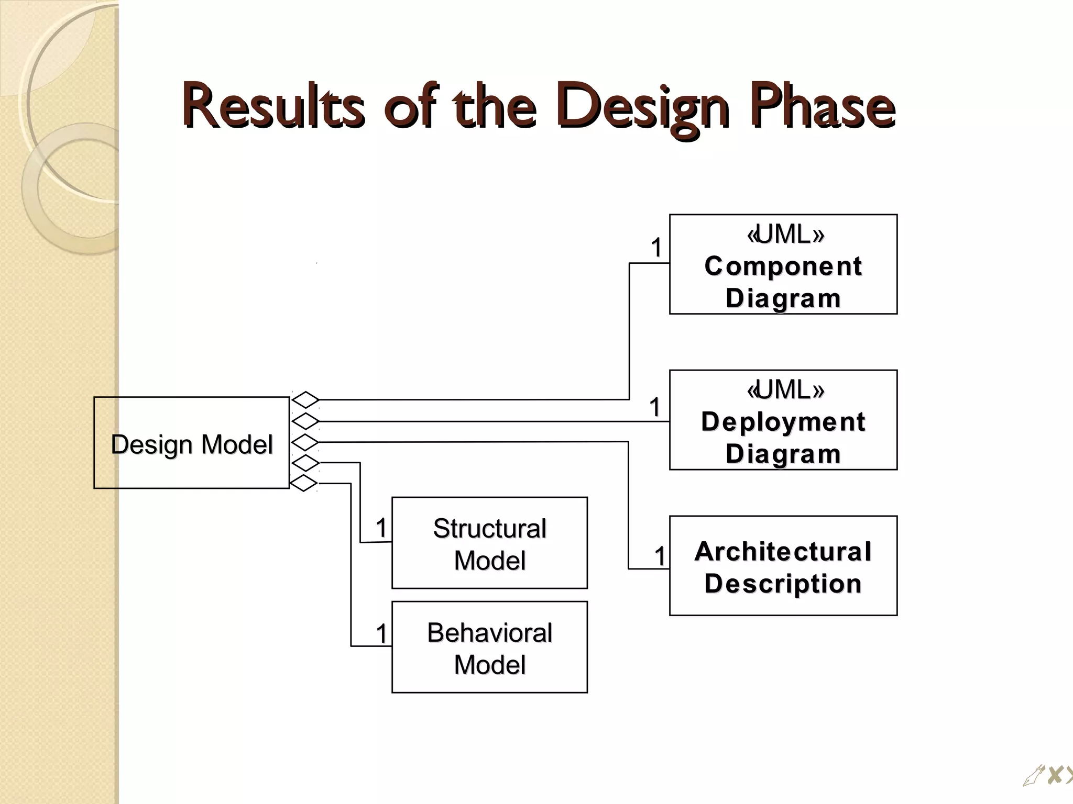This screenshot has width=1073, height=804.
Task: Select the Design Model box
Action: [192, 443]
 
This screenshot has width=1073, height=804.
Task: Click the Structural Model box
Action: [489, 543]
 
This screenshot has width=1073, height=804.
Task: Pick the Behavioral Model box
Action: [489, 647]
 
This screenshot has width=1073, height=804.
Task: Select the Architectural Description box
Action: [783, 566]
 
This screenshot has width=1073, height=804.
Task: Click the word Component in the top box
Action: [783, 266]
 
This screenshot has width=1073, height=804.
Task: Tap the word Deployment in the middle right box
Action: [783, 422]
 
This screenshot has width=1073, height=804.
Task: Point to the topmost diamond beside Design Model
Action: [305, 400]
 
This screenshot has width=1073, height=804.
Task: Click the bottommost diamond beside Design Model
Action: [304, 483]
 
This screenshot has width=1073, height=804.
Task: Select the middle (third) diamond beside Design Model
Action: [305, 442]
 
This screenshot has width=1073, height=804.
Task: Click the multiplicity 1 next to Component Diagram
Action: [656, 248]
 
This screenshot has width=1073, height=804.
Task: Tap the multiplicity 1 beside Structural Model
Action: [381, 528]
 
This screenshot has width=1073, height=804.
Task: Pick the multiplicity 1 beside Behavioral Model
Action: [381, 634]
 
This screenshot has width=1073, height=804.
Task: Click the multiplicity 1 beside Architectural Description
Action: [660, 556]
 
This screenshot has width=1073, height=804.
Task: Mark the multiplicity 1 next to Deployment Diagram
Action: [655, 407]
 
